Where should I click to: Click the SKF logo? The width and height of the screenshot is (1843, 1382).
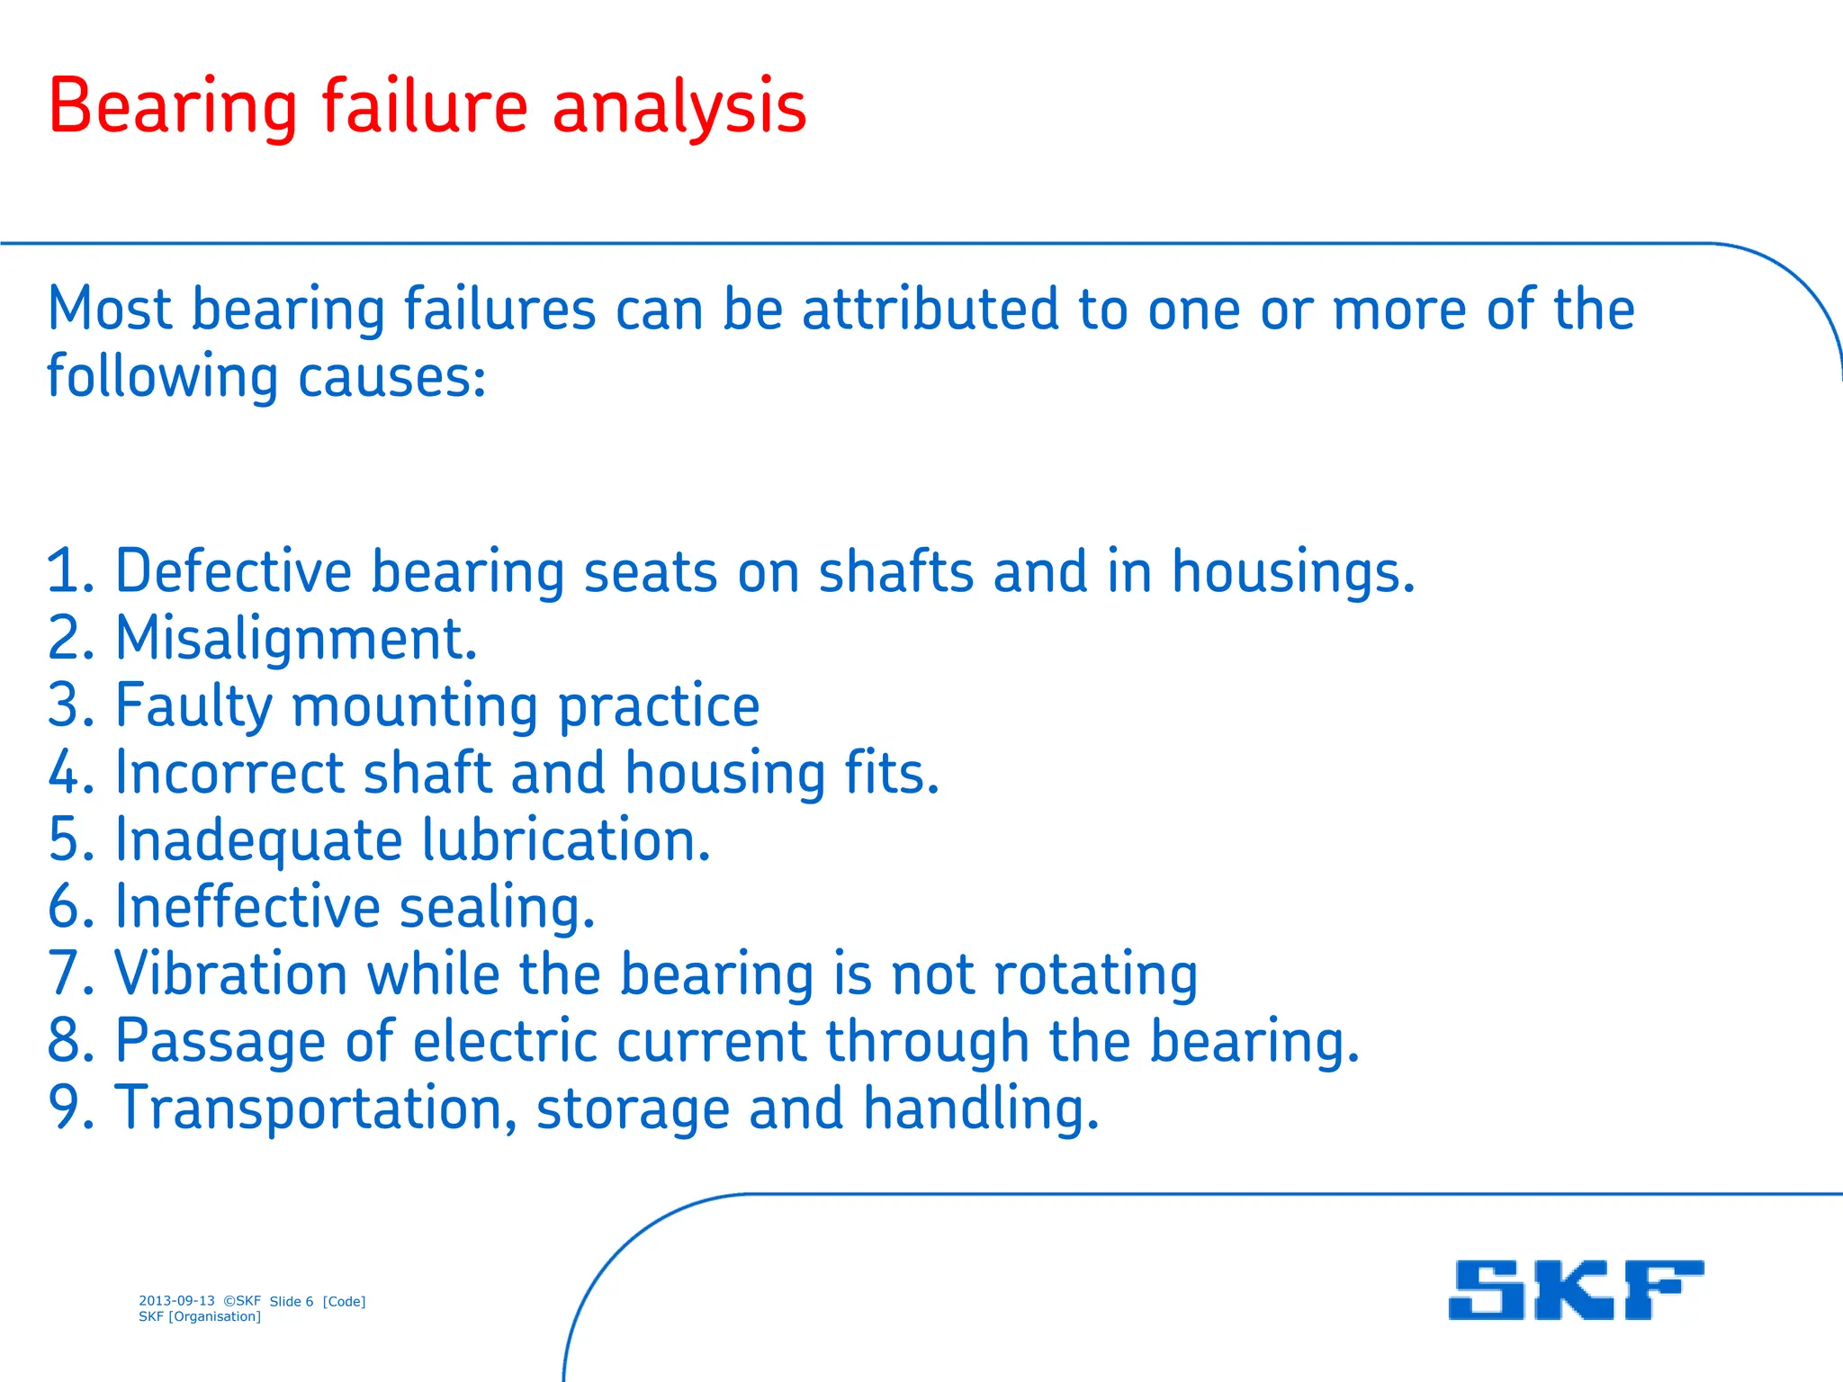click(1575, 1289)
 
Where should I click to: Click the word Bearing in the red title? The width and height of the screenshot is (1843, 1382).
click(172, 107)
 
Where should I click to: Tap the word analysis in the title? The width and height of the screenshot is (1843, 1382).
click(679, 107)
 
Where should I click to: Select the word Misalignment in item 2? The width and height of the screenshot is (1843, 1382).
click(296, 638)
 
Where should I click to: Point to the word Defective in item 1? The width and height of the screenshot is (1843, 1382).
click(233, 571)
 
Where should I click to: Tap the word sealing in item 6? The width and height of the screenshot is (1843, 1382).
click(497, 907)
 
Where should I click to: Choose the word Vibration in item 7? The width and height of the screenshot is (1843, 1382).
click(231, 974)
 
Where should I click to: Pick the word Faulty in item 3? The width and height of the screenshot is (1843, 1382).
click(193, 705)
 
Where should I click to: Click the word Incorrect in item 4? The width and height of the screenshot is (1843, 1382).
click(229, 773)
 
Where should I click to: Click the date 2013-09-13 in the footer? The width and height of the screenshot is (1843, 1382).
click(176, 1301)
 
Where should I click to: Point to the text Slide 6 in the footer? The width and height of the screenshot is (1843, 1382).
click(292, 1301)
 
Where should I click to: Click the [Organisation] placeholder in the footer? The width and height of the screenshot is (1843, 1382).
click(214, 1316)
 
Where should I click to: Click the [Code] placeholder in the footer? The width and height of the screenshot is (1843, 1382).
click(344, 1301)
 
